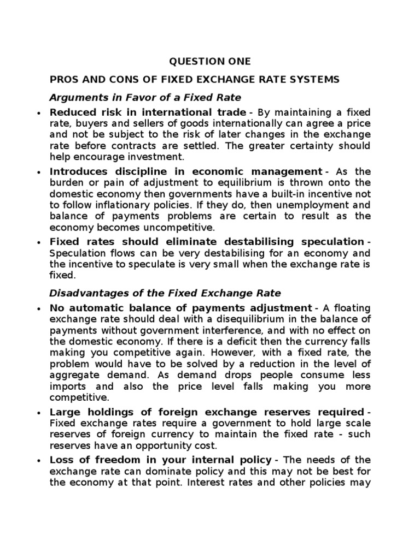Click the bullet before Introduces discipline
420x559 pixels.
click(x=38, y=172)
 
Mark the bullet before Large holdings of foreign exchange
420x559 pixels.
click(x=38, y=412)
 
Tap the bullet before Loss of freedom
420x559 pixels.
click(x=38, y=460)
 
